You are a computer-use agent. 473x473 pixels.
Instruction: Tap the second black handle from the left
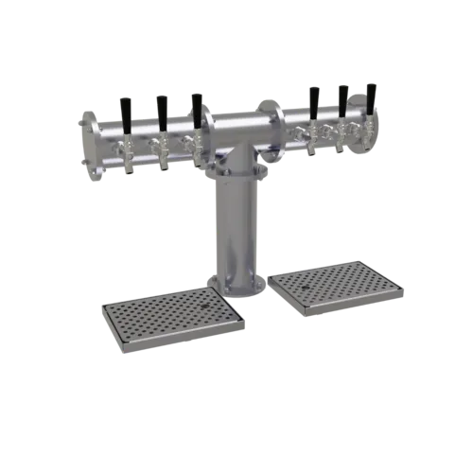[162, 108]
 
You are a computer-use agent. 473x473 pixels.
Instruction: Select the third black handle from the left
[196, 106]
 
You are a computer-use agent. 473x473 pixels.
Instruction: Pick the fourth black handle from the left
[313, 99]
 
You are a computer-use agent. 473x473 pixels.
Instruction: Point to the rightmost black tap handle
[371, 97]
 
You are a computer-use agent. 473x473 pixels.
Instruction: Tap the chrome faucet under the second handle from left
[164, 154]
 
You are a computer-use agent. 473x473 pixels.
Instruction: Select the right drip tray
[333, 283]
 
